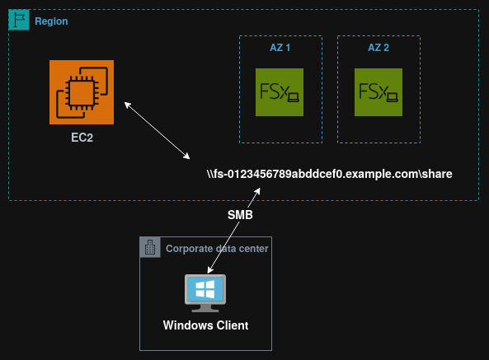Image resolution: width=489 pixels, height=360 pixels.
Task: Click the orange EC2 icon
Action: tap(82, 91)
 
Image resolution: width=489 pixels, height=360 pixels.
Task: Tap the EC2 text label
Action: tap(82, 138)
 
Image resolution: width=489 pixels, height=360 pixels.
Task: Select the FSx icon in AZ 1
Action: tap(280, 91)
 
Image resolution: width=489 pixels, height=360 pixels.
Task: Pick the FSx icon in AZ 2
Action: tap(378, 91)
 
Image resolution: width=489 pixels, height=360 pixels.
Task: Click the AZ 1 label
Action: tap(280, 48)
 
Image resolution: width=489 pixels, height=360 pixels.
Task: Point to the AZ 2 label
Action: tap(379, 48)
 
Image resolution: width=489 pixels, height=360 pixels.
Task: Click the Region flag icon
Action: tap(18, 21)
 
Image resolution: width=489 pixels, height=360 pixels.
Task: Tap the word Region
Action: tap(51, 21)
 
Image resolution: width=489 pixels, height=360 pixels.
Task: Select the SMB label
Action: tap(240, 215)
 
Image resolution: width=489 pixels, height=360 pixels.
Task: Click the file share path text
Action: tap(330, 175)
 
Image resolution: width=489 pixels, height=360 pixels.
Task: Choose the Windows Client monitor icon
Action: tap(205, 293)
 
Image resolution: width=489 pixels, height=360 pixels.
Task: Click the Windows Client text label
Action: tap(205, 325)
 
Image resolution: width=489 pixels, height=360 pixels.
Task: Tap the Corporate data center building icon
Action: tap(150, 247)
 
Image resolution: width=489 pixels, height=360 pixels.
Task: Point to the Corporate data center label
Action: tap(217, 248)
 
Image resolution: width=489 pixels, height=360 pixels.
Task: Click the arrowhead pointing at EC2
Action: tap(126, 105)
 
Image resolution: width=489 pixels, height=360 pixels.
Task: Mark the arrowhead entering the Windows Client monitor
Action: tap(209, 271)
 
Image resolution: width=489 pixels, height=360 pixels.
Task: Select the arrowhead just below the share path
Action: tap(259, 191)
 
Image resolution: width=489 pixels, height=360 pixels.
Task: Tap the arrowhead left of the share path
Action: tap(188, 157)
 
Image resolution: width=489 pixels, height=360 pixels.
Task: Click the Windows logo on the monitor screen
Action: tap(205, 289)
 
